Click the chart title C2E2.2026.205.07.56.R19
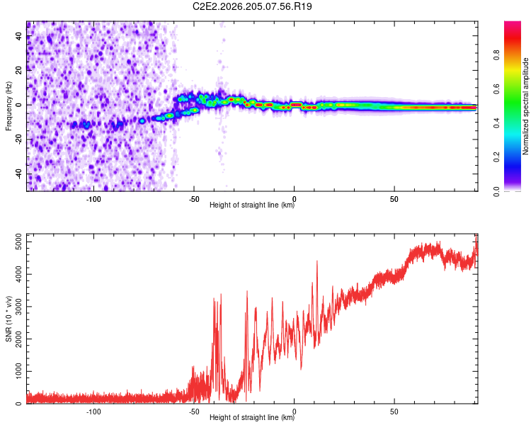[252, 6]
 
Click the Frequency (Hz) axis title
[8, 106]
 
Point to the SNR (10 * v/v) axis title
[8, 319]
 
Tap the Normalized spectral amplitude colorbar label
[525, 106]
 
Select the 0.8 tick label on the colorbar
[496, 55]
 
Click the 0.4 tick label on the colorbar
[496, 123]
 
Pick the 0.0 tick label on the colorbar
[496, 191]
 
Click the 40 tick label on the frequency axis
[18, 36]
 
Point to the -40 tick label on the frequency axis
[18, 175]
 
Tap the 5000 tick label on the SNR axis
[18, 242]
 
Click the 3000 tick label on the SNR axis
[18, 307]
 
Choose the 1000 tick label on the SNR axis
[18, 371]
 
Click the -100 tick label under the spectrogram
[93, 199]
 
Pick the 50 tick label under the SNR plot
[394, 412]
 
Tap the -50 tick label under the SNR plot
[194, 412]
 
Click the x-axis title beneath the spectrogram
[252, 205]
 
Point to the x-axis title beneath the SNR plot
[252, 417]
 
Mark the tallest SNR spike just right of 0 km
[317, 261]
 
